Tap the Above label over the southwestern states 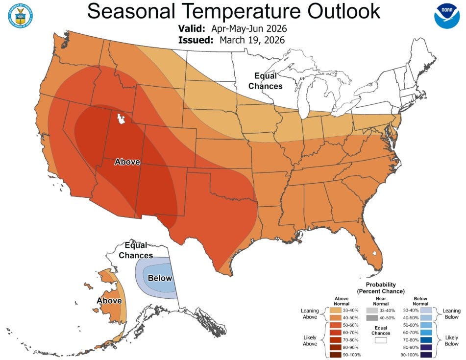click(x=127, y=162)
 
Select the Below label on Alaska click(x=160, y=278)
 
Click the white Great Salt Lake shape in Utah click(x=119, y=119)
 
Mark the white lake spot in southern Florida click(x=375, y=254)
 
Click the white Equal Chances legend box click(x=381, y=338)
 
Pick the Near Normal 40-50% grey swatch click(x=373, y=317)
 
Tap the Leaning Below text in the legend click(x=451, y=314)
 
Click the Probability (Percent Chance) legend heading click(x=380, y=288)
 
